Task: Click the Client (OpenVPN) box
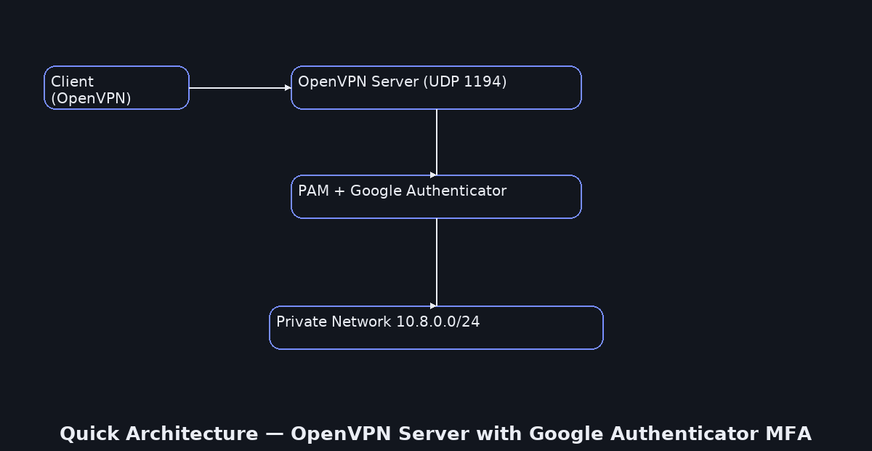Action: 116,88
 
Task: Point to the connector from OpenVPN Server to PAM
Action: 436,142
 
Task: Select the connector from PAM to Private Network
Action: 436,262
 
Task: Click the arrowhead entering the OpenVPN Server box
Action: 288,88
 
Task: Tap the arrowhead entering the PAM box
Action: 434,175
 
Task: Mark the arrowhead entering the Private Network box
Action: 434,306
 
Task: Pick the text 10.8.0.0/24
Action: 437,322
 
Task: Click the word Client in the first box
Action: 72,81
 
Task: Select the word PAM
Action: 313,191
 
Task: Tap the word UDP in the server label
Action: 443,81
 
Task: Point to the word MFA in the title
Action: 788,434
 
